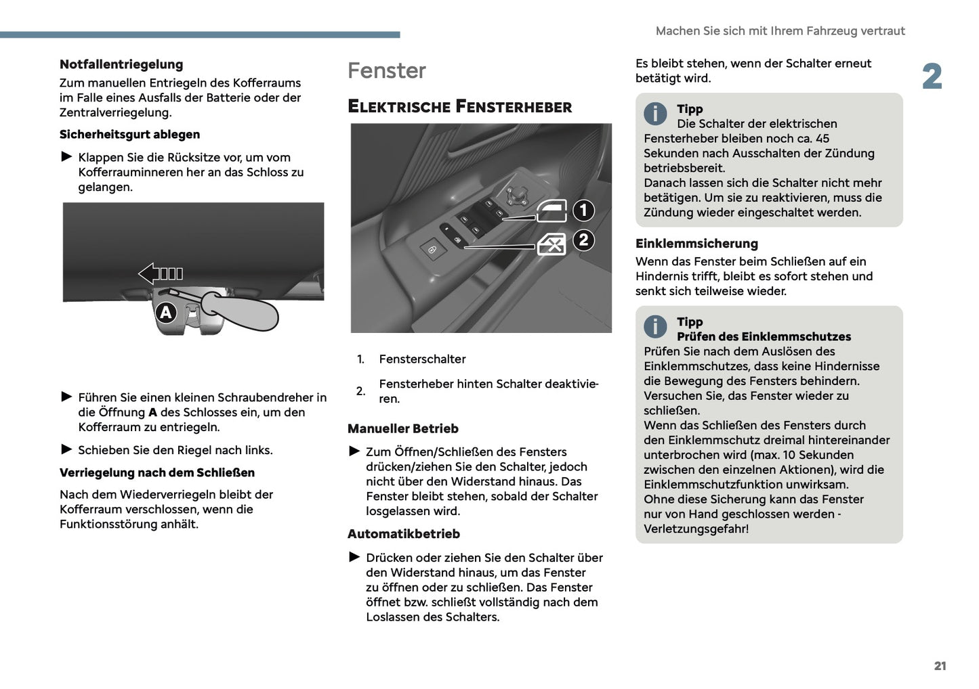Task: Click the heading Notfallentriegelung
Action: (121, 64)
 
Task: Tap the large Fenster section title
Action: (386, 70)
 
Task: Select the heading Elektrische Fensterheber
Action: (459, 106)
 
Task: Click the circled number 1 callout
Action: (583, 210)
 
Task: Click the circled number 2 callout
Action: (583, 240)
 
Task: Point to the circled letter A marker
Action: (166, 313)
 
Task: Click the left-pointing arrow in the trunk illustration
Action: (161, 273)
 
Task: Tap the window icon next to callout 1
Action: (551, 211)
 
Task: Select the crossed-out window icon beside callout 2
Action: (551, 244)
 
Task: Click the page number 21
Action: (940, 666)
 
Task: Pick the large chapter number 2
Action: (932, 76)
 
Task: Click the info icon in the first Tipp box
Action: (655, 114)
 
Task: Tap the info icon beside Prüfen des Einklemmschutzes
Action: (655, 327)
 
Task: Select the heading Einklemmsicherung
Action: (696, 244)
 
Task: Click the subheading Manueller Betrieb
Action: (402, 428)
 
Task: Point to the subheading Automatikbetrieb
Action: (403, 534)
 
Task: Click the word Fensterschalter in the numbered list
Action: (422, 359)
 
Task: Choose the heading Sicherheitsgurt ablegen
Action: (129, 134)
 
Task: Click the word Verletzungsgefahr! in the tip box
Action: (696, 529)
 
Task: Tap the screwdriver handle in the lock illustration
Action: (241, 311)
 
